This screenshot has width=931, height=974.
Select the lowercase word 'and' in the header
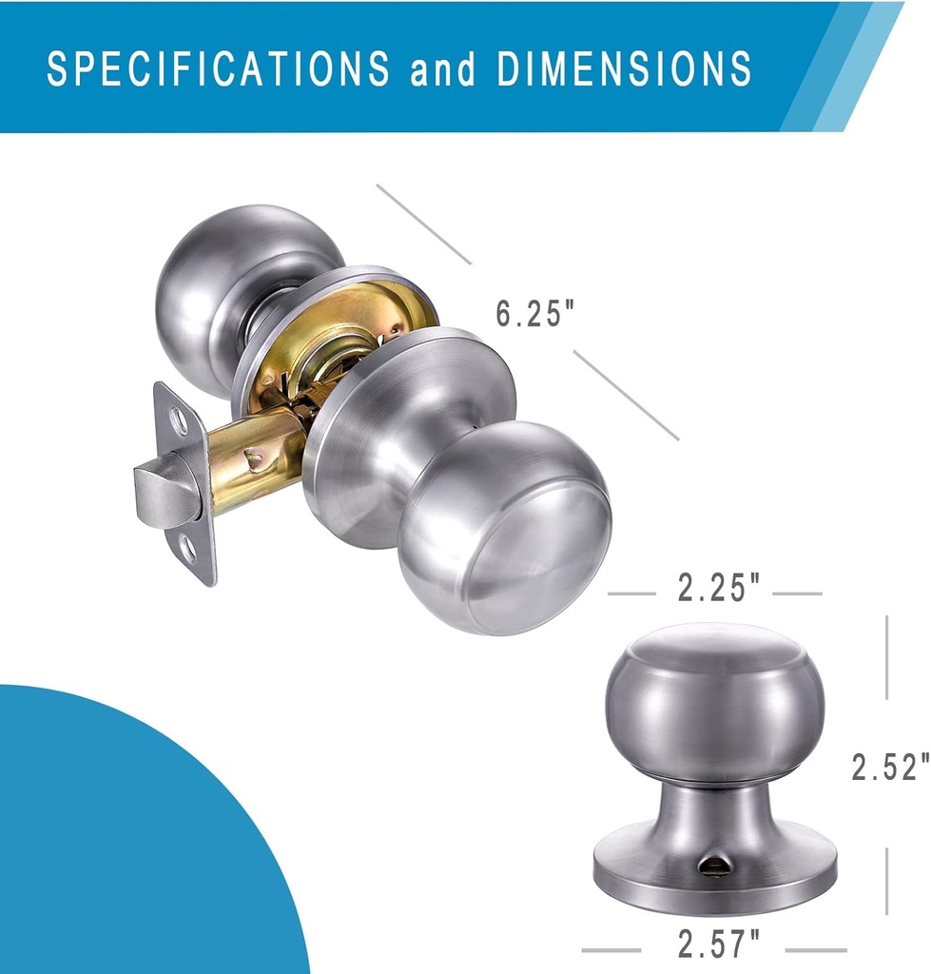tap(443, 69)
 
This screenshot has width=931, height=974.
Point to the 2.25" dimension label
tap(719, 590)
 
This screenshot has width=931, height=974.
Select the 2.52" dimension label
tap(889, 767)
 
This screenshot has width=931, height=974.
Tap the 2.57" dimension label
tap(719, 945)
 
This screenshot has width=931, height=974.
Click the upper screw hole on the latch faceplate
tap(178, 417)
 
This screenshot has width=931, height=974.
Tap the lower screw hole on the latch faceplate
tap(189, 549)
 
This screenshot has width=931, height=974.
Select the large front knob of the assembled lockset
tap(504, 537)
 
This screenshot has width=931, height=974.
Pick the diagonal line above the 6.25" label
tap(423, 224)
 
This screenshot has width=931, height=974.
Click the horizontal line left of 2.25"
tap(631, 594)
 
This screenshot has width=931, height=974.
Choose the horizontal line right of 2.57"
tap(815, 949)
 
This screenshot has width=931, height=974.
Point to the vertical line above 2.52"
tap(886, 656)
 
